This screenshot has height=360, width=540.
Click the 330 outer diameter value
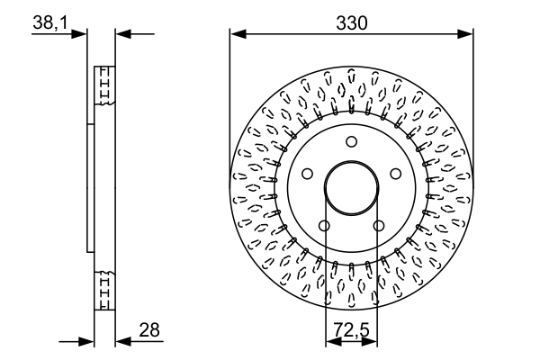[351, 23]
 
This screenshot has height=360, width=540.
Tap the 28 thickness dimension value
[150, 331]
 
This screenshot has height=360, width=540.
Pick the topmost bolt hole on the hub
[351, 140]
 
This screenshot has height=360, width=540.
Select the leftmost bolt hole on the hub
[307, 174]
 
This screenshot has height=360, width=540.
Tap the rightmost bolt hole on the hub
[395, 174]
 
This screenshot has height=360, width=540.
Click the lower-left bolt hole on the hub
[324, 225]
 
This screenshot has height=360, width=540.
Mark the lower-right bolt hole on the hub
[378, 225]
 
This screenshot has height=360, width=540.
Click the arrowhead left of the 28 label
[122, 341]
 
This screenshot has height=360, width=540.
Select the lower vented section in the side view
[104, 290]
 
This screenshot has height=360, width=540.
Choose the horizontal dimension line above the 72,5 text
[351, 343]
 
